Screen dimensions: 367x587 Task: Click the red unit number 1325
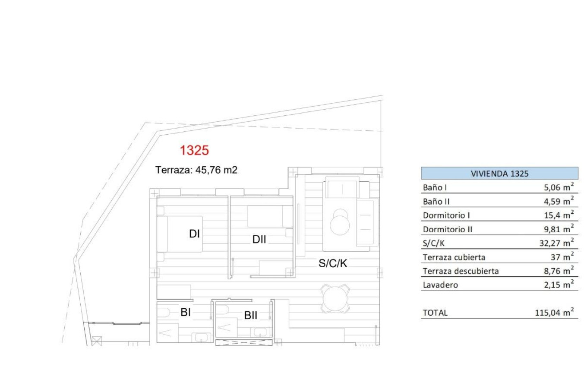click(194, 151)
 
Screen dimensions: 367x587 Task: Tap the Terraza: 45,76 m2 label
click(196, 170)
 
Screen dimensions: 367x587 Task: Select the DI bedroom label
click(194, 234)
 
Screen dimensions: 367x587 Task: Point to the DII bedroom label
click(259, 240)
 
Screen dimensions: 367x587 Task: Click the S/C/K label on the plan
click(333, 263)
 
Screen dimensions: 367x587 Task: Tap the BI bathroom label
click(186, 312)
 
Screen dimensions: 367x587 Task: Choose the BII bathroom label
click(251, 316)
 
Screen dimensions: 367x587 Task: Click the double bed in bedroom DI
click(180, 234)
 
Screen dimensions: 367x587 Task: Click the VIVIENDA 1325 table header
click(499, 174)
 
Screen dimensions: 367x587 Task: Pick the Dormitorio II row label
click(448, 229)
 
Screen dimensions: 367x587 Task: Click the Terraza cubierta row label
click(454, 257)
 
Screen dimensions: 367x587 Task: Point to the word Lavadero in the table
click(440, 285)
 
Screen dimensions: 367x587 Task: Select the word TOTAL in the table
click(435, 313)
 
